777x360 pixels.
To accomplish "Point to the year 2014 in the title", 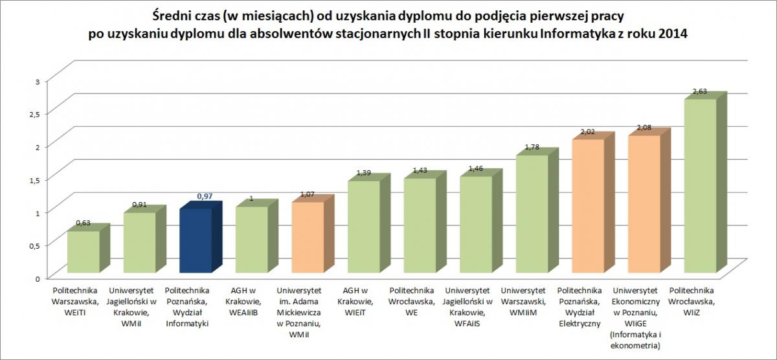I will point(672,34).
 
